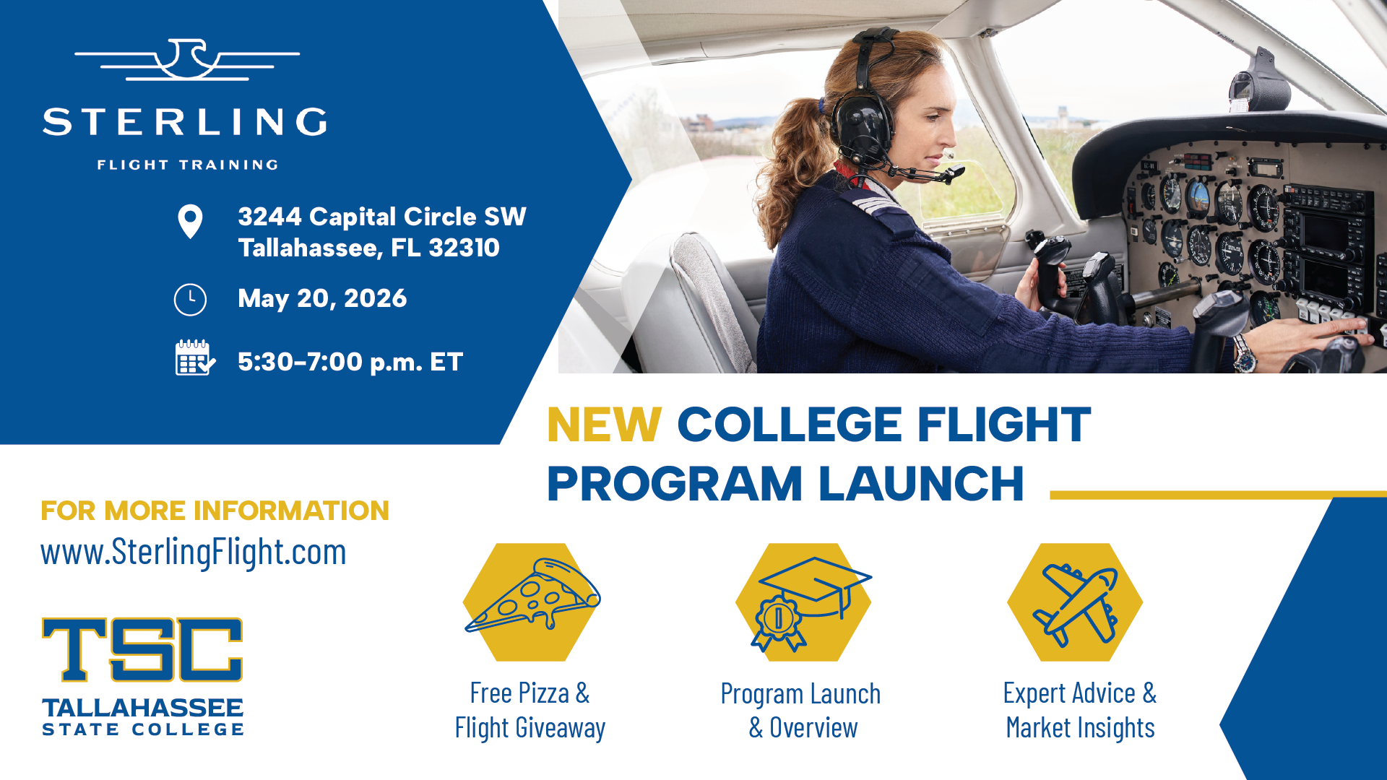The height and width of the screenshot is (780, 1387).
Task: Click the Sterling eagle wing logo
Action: [186, 59]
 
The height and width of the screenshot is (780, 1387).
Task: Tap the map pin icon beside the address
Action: [190, 222]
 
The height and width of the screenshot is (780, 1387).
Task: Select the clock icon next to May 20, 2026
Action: [190, 299]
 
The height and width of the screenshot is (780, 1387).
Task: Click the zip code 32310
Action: [464, 248]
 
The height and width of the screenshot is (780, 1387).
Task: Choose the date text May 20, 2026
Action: [322, 298]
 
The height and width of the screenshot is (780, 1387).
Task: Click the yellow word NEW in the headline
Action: [604, 424]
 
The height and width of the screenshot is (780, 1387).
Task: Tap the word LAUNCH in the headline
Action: [921, 483]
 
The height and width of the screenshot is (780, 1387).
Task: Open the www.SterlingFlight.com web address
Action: [194, 552]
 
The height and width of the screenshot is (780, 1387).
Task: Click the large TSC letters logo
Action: [142, 649]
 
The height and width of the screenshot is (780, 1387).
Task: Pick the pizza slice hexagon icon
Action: [532, 602]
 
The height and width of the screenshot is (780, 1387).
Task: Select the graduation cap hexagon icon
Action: [803, 602]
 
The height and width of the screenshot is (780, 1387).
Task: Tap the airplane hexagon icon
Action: [1075, 602]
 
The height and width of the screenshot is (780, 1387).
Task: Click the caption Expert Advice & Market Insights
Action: [1080, 711]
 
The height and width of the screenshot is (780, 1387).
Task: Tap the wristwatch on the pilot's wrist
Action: [1244, 353]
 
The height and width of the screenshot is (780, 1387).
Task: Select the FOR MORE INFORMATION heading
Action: [215, 511]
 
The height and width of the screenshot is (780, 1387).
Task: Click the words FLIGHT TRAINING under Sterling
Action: [188, 165]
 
